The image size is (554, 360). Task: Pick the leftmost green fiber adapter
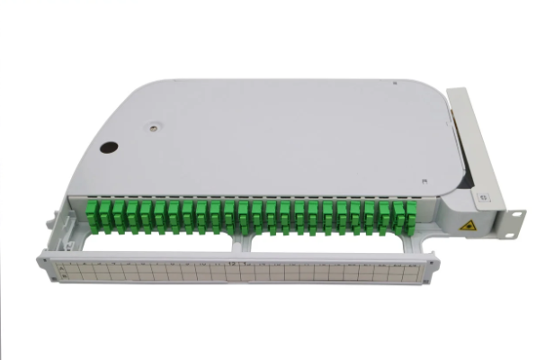pyautogui.click(x=91, y=215)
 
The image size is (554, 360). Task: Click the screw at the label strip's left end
pyautogui.click(x=45, y=266)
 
